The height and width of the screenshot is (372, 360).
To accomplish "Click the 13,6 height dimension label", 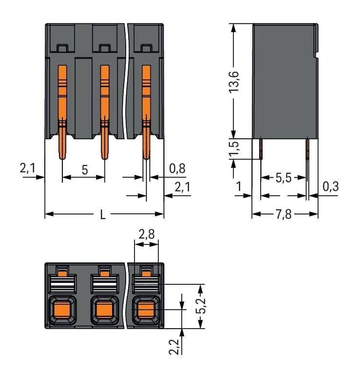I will [235, 82].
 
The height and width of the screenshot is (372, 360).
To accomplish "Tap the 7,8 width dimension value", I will [284, 215].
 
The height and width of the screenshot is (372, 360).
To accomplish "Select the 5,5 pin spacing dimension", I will [284, 178].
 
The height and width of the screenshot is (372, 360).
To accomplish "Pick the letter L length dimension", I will [103, 215].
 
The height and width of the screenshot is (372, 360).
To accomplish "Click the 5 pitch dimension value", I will [84, 170].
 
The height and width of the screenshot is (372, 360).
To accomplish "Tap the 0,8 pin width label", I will [176, 168].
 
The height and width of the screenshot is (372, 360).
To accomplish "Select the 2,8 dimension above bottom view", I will [146, 235].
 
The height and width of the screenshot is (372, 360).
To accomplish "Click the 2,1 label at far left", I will [27, 168].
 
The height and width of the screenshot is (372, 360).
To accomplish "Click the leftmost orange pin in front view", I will [62, 112].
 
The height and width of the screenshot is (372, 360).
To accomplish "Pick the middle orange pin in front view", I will [104, 112].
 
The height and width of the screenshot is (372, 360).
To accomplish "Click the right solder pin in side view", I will [307, 149].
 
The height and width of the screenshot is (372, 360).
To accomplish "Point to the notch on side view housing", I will [317, 56].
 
